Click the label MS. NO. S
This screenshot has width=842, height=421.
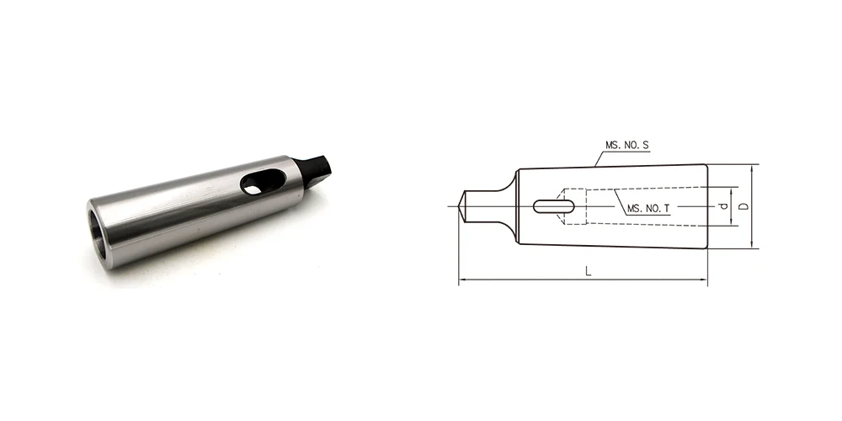[x=627, y=146]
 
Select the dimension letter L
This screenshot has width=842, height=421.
[x=588, y=272]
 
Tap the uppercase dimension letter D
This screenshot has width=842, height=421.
[x=743, y=205]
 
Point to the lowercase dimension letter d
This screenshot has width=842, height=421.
[x=722, y=205]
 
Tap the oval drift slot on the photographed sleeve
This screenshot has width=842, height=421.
[x=258, y=184]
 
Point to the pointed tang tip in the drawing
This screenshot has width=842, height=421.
[x=463, y=205]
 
